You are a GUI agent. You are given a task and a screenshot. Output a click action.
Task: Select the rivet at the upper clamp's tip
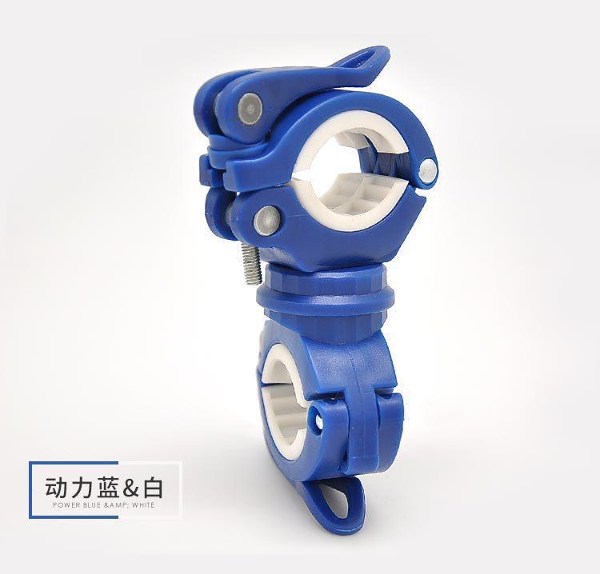[430, 168]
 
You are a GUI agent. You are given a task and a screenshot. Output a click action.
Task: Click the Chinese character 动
[55, 487]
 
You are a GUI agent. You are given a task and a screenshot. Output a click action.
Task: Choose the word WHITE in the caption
[143, 506]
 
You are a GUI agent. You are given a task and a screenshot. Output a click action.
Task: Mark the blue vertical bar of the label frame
[31, 489]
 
